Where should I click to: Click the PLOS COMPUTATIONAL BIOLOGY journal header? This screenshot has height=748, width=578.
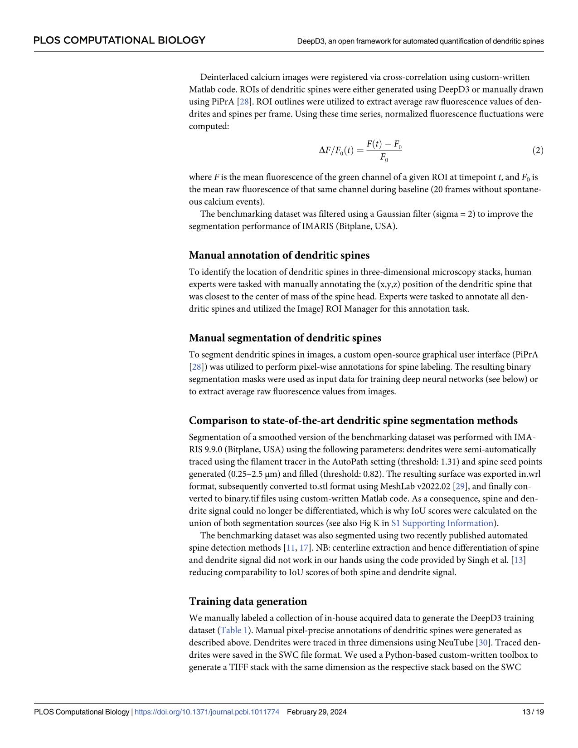119,40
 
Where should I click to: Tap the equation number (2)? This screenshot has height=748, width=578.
537,151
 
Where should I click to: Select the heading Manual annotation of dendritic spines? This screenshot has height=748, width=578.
279,255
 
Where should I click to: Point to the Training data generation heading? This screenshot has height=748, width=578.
248,601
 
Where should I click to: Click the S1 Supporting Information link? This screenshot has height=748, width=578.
442,523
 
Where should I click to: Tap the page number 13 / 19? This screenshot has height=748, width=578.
533,712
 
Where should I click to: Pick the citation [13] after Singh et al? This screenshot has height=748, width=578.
518,560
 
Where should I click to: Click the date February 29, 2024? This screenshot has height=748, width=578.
317,712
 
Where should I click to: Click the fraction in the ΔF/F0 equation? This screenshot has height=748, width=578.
384,151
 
